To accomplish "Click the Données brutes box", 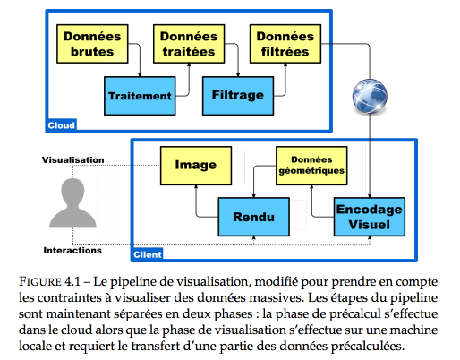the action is (x=92, y=44).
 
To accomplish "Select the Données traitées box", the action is (x=189, y=44).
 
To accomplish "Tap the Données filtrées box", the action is (x=285, y=44).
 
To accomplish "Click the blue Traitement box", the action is (x=140, y=96).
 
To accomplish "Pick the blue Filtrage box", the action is (x=238, y=96).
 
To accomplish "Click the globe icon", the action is (x=370, y=97).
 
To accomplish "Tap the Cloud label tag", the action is (x=62, y=125).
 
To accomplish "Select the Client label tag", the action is (x=148, y=254).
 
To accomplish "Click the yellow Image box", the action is (x=196, y=166).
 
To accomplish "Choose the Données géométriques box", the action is (x=311, y=166).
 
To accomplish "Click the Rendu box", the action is (x=253, y=217).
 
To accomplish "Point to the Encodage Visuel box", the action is (x=370, y=217).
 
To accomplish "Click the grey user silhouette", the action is (x=72, y=203).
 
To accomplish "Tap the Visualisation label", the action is (x=73, y=160).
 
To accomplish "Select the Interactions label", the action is (x=72, y=250).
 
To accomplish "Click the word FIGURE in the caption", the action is (x=40, y=282).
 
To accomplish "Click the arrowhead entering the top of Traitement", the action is (x=140, y=74).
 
